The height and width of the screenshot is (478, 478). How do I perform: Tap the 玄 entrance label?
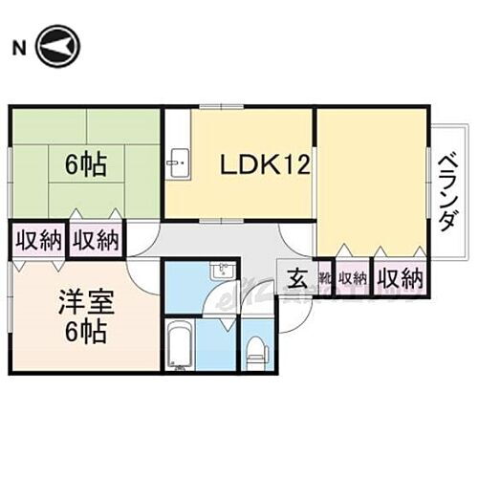point(297,279)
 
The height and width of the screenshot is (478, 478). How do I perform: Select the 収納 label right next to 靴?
point(352,278)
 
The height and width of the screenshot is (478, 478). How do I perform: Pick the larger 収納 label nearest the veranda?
point(399,278)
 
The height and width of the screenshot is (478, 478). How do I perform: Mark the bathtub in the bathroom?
point(181,346)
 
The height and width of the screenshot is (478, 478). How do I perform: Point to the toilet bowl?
point(255,350)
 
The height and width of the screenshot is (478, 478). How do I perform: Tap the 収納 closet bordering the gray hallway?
point(96,240)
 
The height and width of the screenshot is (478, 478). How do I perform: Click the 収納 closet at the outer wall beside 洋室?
point(36,240)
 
